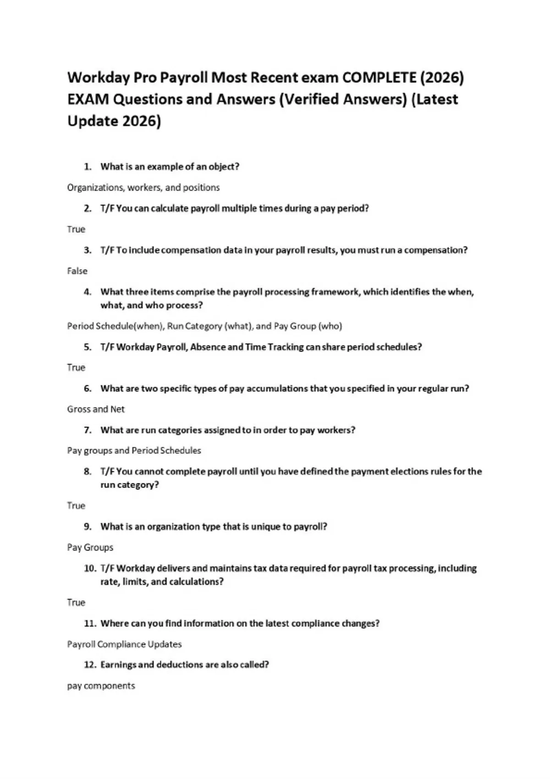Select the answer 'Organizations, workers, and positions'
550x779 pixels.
coord(143,187)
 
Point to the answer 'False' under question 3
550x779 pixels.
coord(77,271)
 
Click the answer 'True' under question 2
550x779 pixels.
coord(76,229)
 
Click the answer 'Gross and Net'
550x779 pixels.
coord(96,409)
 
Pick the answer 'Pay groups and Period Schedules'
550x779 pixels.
coord(134,450)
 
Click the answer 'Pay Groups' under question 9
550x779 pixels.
coord(90,547)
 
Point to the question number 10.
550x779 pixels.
coord(90,568)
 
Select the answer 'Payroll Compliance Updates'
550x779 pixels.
coord(124,644)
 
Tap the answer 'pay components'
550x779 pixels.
coord(101,686)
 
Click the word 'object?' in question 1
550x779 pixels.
coord(224,167)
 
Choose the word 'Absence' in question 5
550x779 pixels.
coord(207,347)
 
